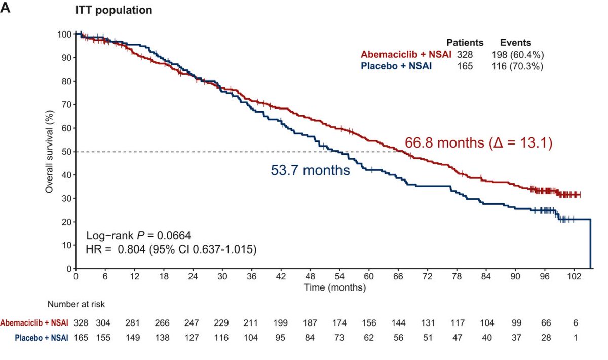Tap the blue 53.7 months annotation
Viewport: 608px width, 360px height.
click(x=310, y=170)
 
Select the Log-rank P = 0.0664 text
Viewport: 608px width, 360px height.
click(x=138, y=235)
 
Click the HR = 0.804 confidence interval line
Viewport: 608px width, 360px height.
click(x=172, y=249)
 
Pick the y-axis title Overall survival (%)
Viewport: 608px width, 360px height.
click(x=50, y=151)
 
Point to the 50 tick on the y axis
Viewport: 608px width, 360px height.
click(x=65, y=151)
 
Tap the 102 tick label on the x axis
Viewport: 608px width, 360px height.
click(x=575, y=277)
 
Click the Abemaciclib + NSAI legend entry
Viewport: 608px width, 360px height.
click(x=406, y=54)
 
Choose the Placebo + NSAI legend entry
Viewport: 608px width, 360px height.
click(x=396, y=65)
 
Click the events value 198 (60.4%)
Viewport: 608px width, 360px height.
click(x=517, y=54)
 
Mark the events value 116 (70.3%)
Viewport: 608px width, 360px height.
click(x=517, y=65)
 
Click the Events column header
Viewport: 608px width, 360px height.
click(x=515, y=43)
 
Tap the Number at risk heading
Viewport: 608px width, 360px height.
click(x=76, y=304)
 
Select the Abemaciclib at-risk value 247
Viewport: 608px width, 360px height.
click(x=193, y=323)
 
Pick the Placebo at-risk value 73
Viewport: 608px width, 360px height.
click(x=339, y=337)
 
